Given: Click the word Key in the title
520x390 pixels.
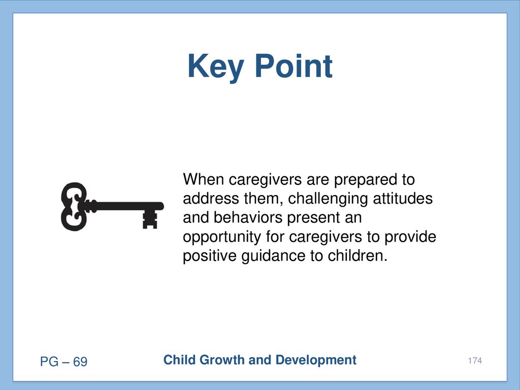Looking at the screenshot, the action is (216, 67).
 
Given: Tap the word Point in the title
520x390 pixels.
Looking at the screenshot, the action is (294, 66).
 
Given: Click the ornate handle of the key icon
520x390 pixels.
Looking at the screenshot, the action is (73, 206).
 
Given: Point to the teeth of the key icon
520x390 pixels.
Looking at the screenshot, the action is (150, 219).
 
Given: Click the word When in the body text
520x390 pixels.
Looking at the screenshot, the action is (203, 179).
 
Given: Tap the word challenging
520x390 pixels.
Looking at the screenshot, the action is (328, 199).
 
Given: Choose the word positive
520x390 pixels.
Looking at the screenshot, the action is (210, 256).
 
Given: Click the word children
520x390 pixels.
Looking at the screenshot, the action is (357, 256).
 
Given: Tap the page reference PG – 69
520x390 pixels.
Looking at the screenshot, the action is (63, 362).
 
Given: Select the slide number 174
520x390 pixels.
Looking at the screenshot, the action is (475, 361).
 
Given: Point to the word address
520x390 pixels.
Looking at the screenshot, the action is (211, 199).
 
